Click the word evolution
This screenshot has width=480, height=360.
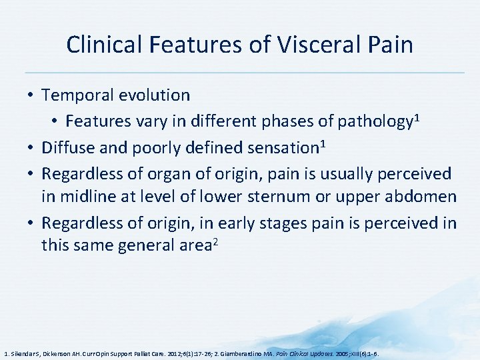(x=157, y=95)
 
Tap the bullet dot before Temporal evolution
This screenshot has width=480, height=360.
(x=31, y=95)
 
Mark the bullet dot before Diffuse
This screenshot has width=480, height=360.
(x=31, y=147)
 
